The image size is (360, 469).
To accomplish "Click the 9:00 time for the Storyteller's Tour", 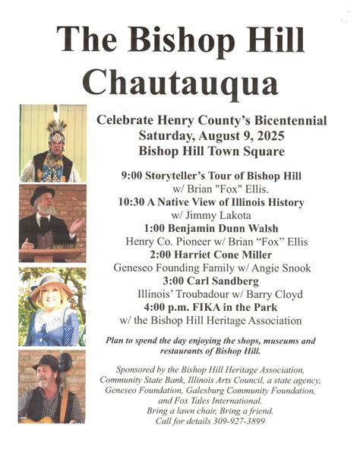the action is click(x=134, y=176).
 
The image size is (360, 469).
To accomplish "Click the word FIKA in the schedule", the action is click(x=210, y=308).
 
